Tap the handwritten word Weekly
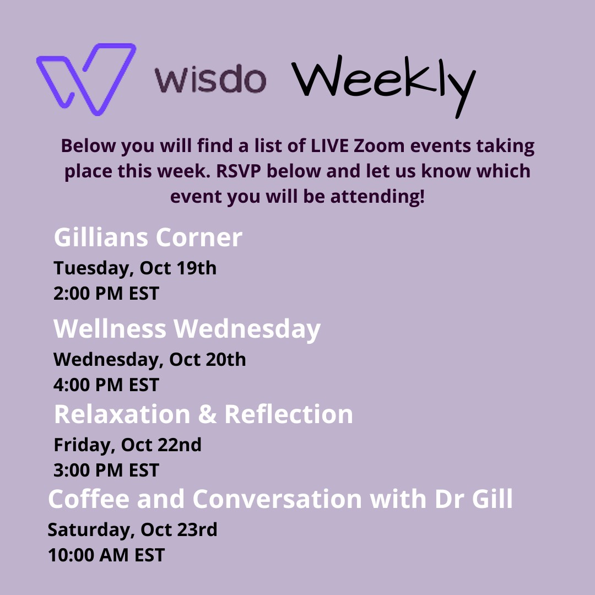click(x=383, y=85)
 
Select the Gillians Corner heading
click(x=148, y=237)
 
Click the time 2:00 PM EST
click(x=106, y=293)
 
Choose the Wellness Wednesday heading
click(x=187, y=329)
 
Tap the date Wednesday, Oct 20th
click(x=149, y=360)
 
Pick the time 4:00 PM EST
click(x=106, y=385)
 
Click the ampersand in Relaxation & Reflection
click(x=207, y=414)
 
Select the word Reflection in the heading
click(x=289, y=414)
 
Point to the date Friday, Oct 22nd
click(x=127, y=445)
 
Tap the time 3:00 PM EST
click(x=106, y=470)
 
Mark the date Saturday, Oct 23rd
click(x=132, y=530)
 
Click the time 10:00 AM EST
click(x=106, y=555)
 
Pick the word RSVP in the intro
click(x=239, y=171)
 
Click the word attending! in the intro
click(x=377, y=197)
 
